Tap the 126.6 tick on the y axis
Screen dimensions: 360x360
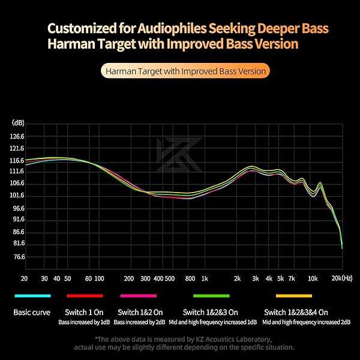[17, 136]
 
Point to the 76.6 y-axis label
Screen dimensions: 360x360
[17, 257]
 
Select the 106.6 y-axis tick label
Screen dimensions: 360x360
[17, 184]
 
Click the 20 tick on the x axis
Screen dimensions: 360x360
[24, 279]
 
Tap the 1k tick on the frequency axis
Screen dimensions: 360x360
[205, 279]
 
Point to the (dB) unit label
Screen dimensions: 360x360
[17, 122]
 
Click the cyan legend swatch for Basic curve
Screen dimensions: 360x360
[32, 296]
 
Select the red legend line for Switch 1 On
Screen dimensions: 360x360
[85, 296]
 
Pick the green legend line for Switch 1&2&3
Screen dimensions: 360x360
[211, 296]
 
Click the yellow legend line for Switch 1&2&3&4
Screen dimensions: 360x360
[293, 296]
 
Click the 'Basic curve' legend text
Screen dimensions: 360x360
[32, 312]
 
